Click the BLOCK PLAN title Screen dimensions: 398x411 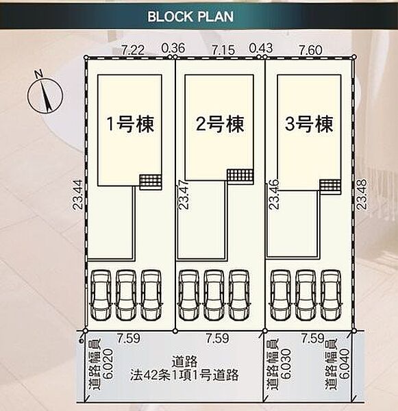[190, 16]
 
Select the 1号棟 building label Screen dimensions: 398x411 [130, 124]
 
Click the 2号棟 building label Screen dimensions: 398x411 [220, 124]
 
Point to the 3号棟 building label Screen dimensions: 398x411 [309, 124]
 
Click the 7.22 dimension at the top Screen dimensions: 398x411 [133, 50]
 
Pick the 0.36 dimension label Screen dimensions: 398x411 [173, 48]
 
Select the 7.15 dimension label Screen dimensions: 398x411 [223, 50]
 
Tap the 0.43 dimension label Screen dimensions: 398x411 [261, 48]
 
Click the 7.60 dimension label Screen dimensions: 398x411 [311, 50]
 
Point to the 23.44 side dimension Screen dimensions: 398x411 [78, 195]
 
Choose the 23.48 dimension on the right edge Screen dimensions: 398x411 [361, 195]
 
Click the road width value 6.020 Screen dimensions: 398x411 [108, 364]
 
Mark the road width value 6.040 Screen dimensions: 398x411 [345, 364]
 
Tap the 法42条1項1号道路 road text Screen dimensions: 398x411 [184, 375]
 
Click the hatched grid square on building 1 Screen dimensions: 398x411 [150, 182]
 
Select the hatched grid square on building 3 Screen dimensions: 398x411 [330, 186]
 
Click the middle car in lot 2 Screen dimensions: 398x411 [214, 295]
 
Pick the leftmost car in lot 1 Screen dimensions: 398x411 [101, 295]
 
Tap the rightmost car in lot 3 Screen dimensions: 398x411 [331, 295]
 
